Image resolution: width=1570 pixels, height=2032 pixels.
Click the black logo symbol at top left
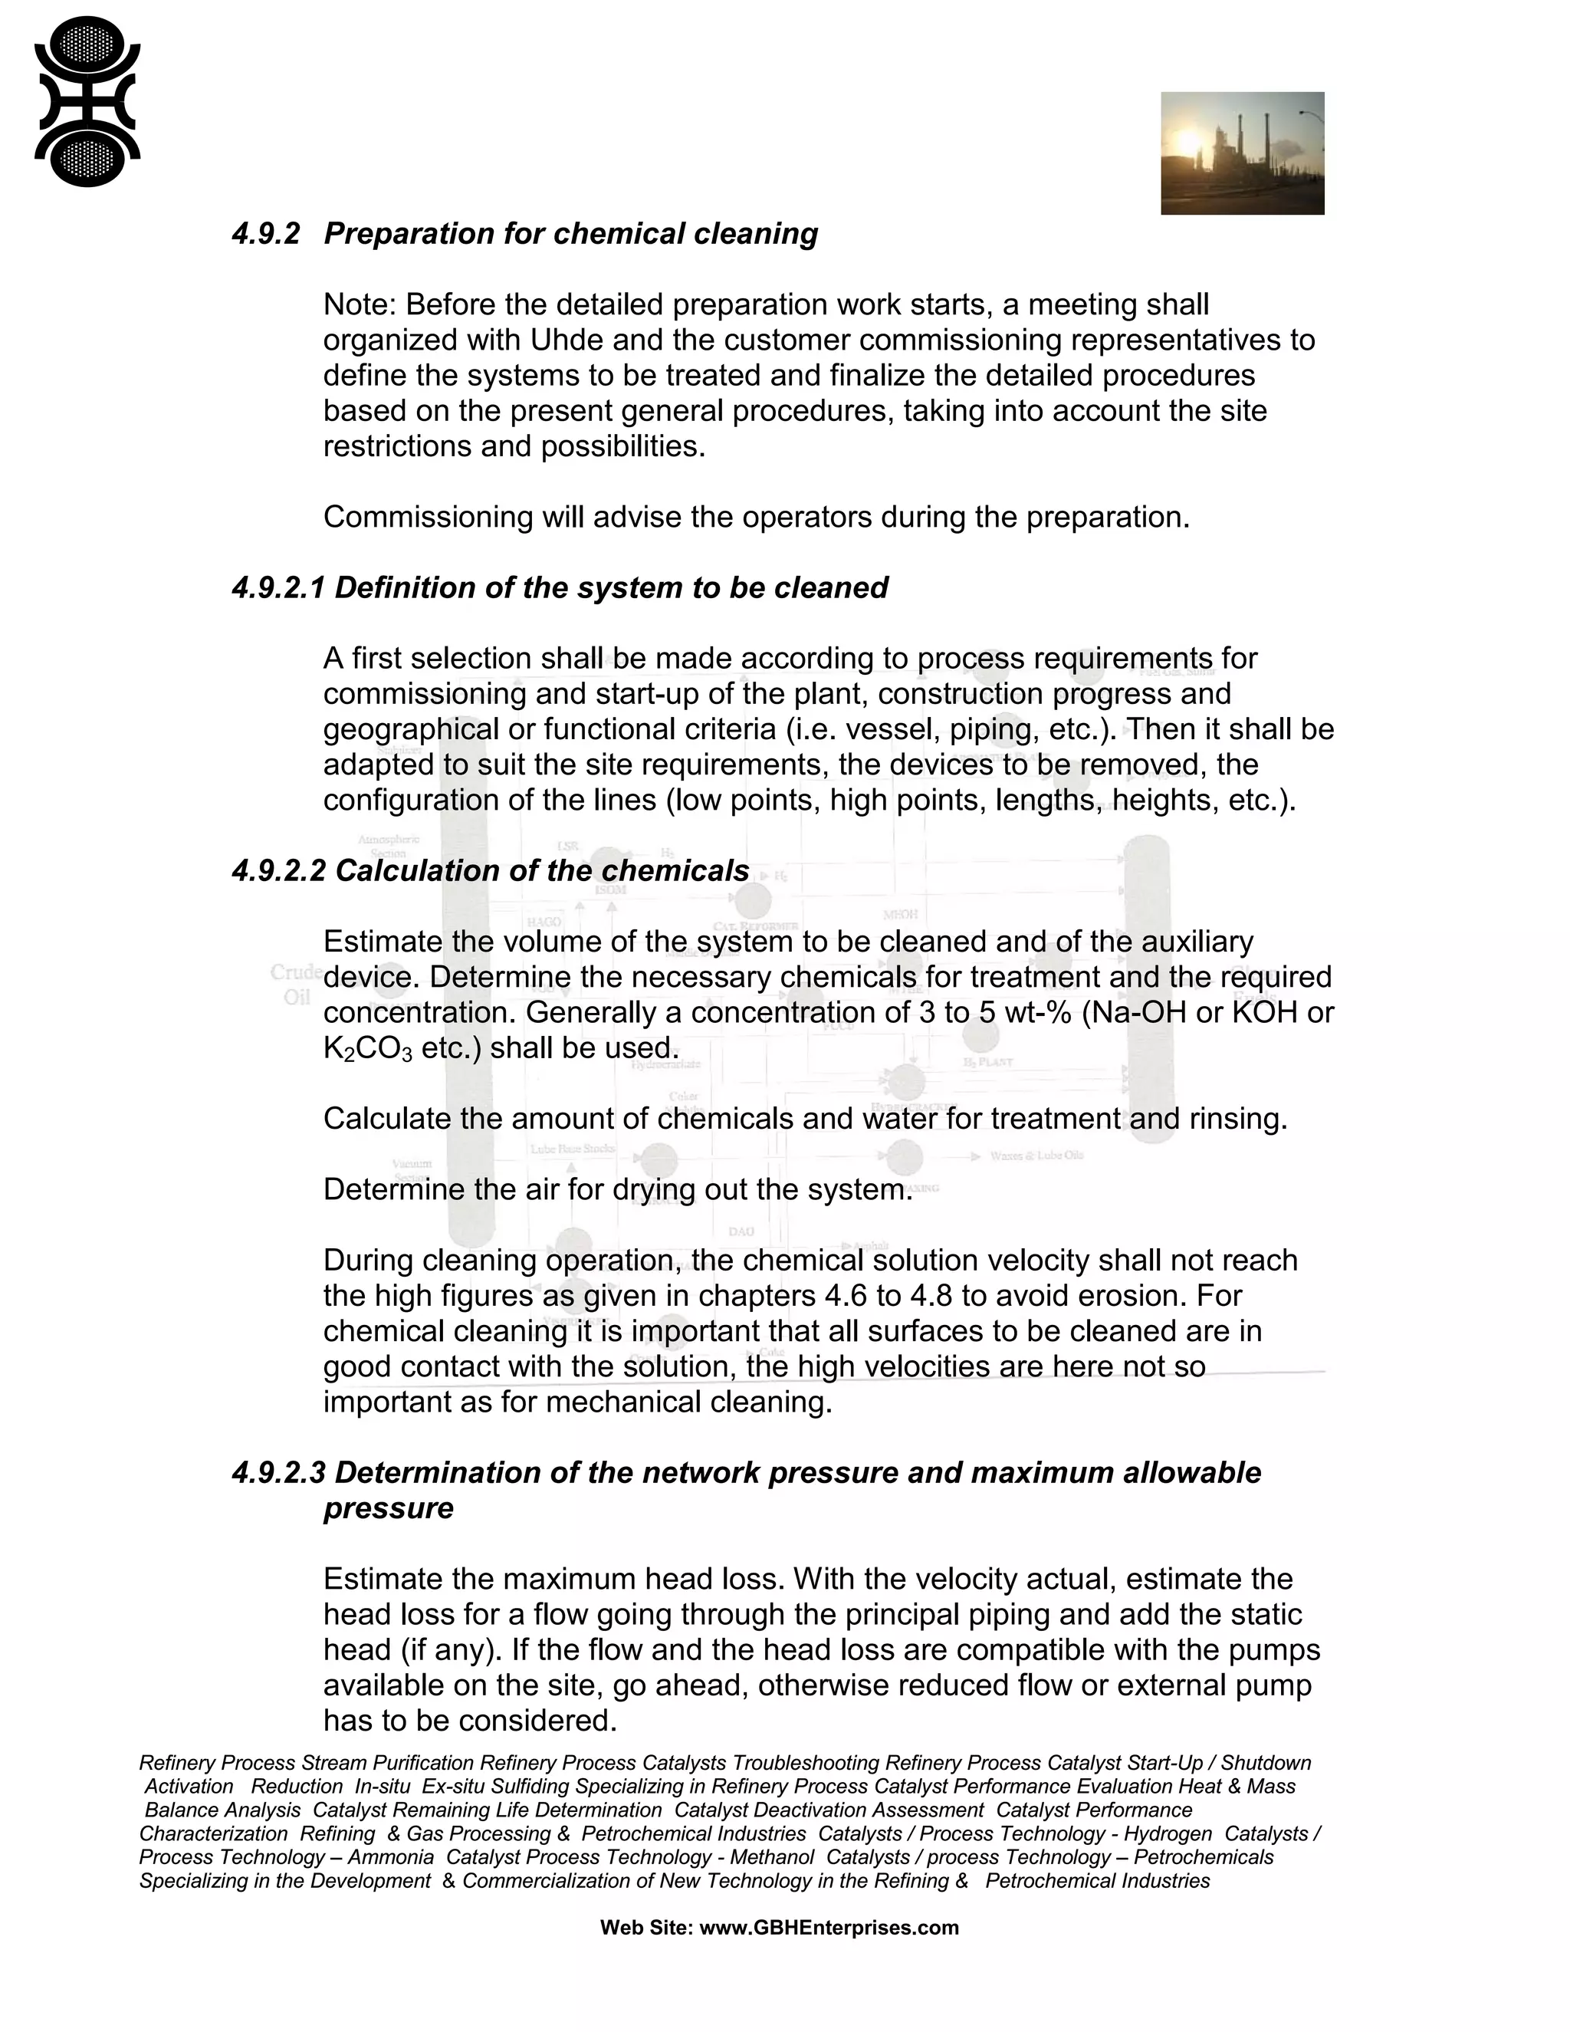coord(87,101)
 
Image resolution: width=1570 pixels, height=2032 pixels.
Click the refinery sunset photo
coord(1242,153)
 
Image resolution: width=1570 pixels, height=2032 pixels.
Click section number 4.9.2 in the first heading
coord(266,234)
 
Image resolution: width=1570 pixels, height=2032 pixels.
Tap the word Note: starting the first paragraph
coord(359,305)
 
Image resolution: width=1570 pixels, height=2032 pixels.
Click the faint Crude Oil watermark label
coord(296,985)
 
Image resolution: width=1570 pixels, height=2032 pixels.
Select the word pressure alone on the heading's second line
coord(388,1508)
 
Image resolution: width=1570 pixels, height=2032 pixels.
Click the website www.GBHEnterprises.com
coord(829,1928)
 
